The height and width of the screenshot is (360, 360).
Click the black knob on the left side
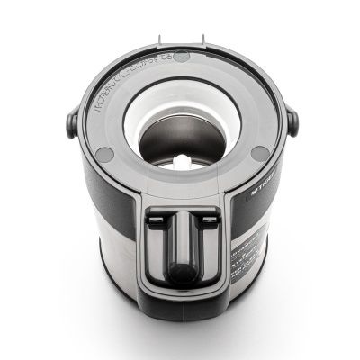pos(71,121)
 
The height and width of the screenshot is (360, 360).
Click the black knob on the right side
pos(292,121)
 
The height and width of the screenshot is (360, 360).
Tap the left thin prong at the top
pos(159,41)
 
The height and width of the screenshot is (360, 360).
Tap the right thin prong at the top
pos(203,41)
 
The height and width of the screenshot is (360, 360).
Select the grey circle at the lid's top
pos(181,56)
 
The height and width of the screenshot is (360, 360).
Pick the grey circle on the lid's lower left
pos(104,155)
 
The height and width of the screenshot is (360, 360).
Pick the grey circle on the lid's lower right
pos(259,153)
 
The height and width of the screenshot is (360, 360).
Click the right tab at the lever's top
pos(207,219)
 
